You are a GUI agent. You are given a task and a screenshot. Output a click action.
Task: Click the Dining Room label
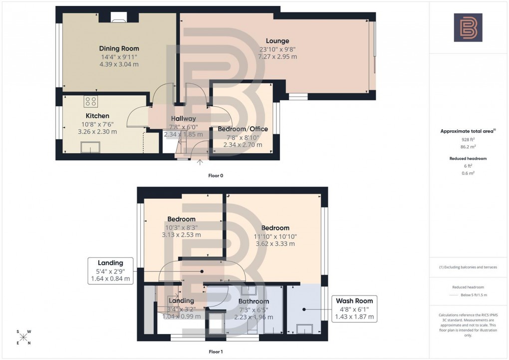point(119,48)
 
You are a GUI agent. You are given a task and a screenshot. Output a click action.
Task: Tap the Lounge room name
point(277,41)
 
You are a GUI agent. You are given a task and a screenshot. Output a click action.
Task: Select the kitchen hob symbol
point(91,102)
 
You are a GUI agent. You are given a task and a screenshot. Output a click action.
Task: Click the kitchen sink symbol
point(91,147)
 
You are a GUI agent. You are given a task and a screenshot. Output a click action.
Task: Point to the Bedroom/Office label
point(243,129)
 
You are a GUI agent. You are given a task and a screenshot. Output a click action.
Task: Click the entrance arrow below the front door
point(200,162)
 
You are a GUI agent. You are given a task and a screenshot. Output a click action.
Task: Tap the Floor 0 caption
point(216,175)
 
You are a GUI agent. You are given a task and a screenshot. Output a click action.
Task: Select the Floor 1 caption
point(216,352)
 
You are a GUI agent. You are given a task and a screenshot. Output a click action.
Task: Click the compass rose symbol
point(23,337)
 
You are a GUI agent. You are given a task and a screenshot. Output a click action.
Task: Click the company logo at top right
point(468,27)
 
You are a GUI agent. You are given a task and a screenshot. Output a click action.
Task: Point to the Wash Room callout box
point(354,309)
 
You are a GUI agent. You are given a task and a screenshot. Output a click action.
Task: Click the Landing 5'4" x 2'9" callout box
point(110,271)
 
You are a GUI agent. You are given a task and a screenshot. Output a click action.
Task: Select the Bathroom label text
point(254,301)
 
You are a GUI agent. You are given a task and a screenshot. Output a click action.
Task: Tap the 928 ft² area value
point(468,140)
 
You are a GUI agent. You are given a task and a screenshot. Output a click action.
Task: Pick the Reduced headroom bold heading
point(468,158)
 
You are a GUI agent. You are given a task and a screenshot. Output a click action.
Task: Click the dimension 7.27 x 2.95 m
point(277,56)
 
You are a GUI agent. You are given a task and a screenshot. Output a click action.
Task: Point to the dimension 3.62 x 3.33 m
point(274,244)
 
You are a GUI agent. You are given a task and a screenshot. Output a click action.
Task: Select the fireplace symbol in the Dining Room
point(119,20)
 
